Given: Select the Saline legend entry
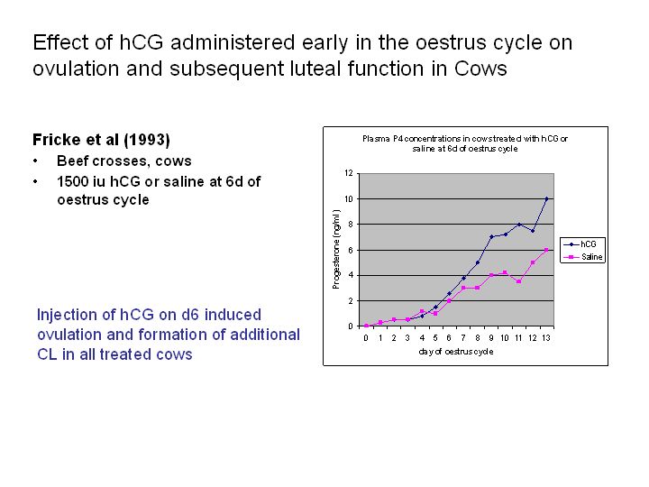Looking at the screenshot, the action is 583,257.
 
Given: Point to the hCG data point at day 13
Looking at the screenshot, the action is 546,198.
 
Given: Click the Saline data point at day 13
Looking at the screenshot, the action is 546,250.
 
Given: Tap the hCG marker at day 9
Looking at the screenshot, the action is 491,236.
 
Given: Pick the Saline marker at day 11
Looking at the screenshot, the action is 518,281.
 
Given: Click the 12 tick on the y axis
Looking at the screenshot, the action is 348,173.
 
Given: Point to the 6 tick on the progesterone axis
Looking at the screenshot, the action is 350,250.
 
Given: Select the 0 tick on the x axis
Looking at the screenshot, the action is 366,338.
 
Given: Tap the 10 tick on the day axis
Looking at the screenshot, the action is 505,338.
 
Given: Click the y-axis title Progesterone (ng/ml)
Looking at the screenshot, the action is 336,249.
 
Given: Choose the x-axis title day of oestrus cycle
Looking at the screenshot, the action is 456,352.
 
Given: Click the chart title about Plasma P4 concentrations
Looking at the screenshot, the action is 465,143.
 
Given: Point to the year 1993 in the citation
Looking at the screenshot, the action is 147,140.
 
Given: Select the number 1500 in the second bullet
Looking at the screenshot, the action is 73,181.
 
